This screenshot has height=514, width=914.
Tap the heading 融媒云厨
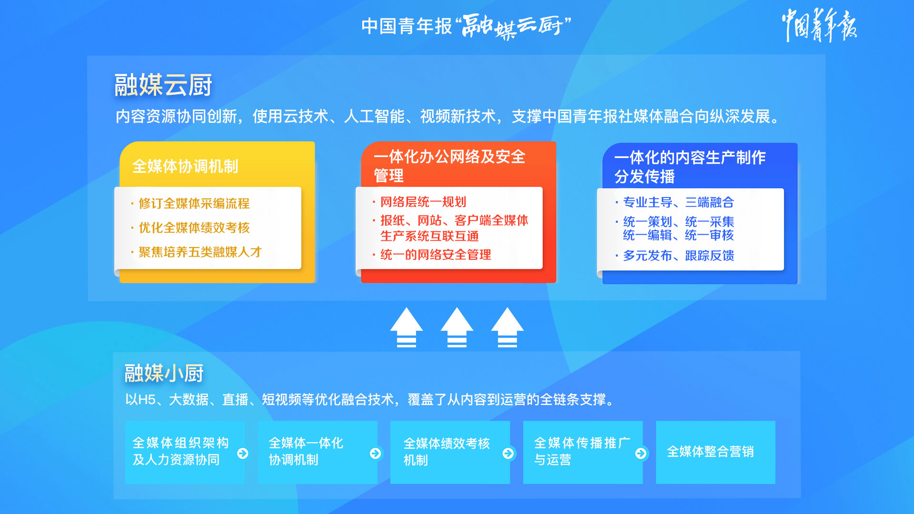pos(163,85)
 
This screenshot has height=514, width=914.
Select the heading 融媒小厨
pos(164,373)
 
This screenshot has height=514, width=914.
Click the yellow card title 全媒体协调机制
pos(185,166)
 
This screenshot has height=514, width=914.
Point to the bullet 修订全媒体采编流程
pos(194,203)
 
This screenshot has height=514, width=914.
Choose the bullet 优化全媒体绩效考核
pos(194,227)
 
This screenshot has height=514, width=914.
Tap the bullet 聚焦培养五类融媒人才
pos(200,252)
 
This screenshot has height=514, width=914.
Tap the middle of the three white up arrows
pos(457,327)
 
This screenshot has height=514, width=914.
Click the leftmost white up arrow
pos(407,327)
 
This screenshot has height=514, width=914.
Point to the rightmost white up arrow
pos(507,327)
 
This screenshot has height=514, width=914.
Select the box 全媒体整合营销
pos(715,452)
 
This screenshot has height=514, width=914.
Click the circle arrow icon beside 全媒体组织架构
pos(243,453)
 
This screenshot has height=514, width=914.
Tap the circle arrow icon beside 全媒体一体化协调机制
pos(376,453)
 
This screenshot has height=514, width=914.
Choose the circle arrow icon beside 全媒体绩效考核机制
pos(508,453)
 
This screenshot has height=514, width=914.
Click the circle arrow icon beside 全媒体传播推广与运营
pos(641,453)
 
